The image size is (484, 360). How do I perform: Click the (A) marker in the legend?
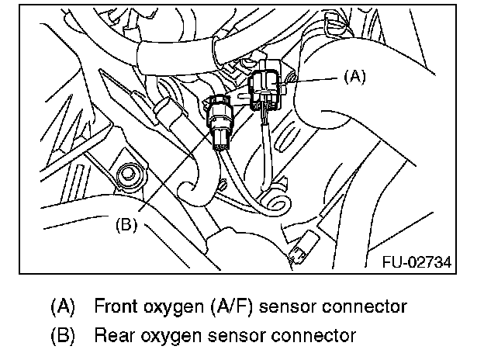tap(63, 306)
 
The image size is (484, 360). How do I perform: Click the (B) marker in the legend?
tap(63, 336)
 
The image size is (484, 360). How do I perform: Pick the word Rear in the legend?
tap(112, 336)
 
